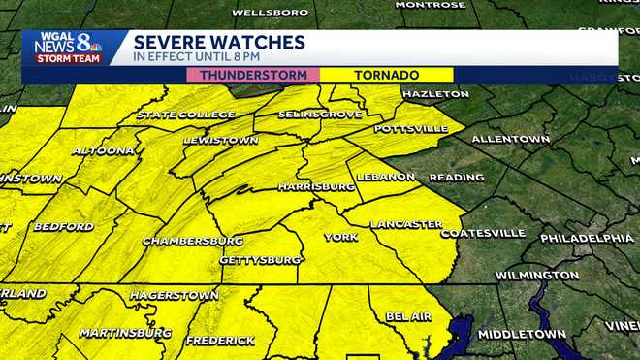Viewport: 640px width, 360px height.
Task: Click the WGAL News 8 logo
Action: pos(68,48)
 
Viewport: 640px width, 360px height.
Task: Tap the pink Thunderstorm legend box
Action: pos(253,75)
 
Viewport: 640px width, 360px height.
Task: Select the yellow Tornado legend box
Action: pos(386,75)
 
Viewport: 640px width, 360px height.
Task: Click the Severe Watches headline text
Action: pos(219,42)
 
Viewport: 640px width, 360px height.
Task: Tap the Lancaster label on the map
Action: pos(406,224)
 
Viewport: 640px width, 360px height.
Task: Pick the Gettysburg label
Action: pos(260,260)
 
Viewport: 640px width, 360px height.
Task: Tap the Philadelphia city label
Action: pos(587,238)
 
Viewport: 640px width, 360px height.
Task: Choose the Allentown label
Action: pos(510,139)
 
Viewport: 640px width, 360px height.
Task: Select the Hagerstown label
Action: pos(166,294)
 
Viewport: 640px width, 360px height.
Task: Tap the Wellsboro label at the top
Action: pos(270,14)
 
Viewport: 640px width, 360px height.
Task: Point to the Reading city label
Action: pos(457,178)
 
